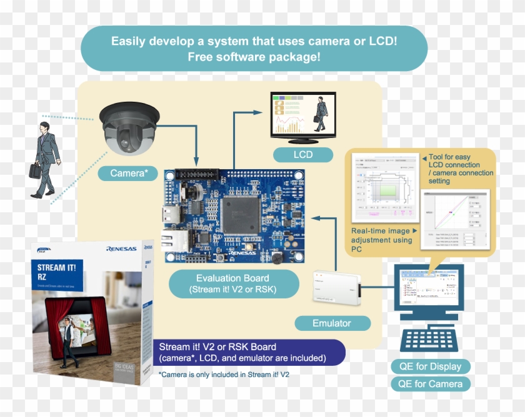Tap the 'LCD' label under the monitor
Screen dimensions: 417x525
[x=303, y=154]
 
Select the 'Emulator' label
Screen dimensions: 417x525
[x=332, y=323]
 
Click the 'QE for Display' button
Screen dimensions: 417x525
[x=430, y=366]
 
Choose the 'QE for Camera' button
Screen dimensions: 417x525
[x=430, y=384]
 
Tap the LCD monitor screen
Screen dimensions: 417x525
[x=303, y=114]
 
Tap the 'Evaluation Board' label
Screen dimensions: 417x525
[x=232, y=283]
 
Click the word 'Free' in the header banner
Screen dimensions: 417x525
[x=202, y=57]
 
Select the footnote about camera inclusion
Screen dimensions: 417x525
[x=224, y=375]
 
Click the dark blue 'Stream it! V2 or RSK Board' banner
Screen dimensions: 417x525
[x=248, y=352]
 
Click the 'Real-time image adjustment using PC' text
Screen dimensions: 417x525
[x=382, y=240]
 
